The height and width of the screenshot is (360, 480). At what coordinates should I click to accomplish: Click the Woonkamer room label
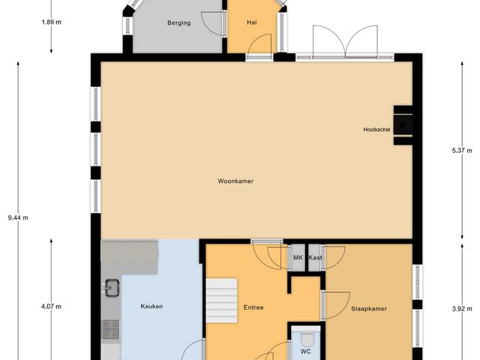click(x=235, y=181)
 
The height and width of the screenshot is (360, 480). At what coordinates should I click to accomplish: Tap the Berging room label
click(x=178, y=23)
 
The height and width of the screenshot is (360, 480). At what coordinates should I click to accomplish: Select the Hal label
click(x=252, y=23)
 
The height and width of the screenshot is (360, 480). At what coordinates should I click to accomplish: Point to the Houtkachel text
click(x=376, y=130)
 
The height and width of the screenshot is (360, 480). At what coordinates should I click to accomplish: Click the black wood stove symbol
click(x=404, y=120)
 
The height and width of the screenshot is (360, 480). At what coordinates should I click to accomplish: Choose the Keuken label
click(x=151, y=306)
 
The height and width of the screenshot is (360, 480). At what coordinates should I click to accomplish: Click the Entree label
click(x=253, y=307)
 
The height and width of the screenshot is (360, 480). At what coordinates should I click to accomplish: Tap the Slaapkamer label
click(x=369, y=308)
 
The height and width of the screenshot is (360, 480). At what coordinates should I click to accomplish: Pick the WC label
click(x=306, y=351)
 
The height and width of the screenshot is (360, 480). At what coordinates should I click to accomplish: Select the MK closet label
click(x=298, y=258)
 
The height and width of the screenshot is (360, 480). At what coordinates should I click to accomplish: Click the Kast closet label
click(x=315, y=258)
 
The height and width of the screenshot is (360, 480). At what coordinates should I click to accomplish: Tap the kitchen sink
click(x=112, y=286)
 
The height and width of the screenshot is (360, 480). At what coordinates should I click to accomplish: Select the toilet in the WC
click(x=306, y=336)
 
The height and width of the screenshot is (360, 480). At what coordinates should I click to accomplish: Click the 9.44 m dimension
click(x=17, y=217)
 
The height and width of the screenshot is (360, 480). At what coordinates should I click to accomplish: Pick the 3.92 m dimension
click(x=460, y=307)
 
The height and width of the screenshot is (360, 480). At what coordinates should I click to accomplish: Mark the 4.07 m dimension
click(x=51, y=306)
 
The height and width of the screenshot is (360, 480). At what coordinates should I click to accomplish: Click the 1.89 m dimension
click(x=51, y=22)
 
